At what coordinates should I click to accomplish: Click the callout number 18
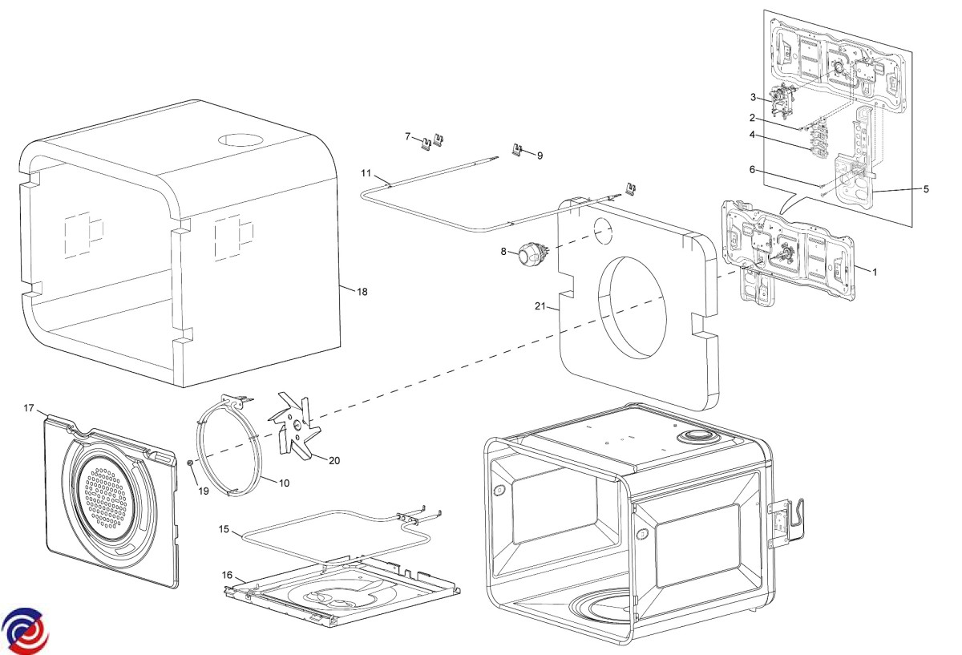point(362,292)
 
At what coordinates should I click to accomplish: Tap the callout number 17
point(29,409)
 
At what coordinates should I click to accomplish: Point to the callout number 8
point(504,251)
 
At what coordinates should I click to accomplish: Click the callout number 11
point(366,173)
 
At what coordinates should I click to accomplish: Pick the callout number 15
point(224,529)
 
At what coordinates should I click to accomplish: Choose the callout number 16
point(228,575)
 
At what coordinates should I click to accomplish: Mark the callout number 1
point(875,272)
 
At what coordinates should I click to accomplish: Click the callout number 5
point(926,189)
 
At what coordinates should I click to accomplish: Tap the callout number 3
point(754,97)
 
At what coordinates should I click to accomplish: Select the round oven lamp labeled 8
point(530,256)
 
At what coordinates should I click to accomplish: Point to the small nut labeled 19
point(190,463)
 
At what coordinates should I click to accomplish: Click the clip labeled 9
point(519,150)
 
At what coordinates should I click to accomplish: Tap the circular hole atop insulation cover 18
point(240,139)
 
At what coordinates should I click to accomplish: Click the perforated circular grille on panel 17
point(103,501)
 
